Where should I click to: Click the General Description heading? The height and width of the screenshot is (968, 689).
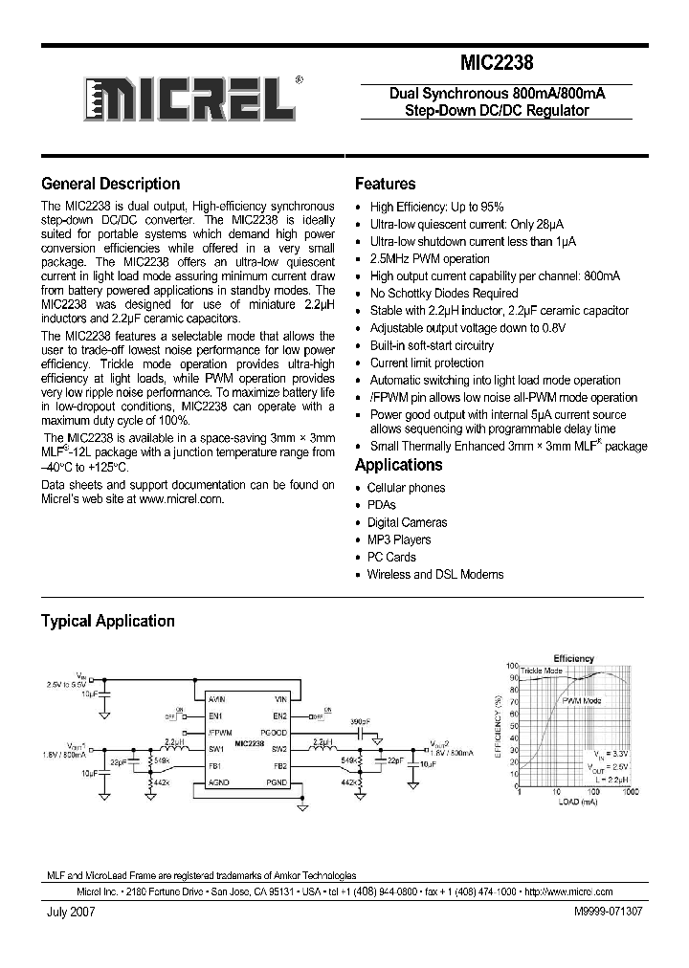[110, 184]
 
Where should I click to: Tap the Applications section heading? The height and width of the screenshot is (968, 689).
[398, 465]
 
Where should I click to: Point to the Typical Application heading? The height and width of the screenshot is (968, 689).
[107, 621]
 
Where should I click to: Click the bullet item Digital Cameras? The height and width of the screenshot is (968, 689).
[407, 522]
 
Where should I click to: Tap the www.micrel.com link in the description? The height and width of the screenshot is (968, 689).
[181, 498]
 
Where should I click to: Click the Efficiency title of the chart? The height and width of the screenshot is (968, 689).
[572, 658]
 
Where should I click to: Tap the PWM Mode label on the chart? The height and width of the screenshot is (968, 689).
[581, 701]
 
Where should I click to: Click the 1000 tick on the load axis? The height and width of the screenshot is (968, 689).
[631, 792]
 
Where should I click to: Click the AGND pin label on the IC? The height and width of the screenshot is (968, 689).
[216, 782]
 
